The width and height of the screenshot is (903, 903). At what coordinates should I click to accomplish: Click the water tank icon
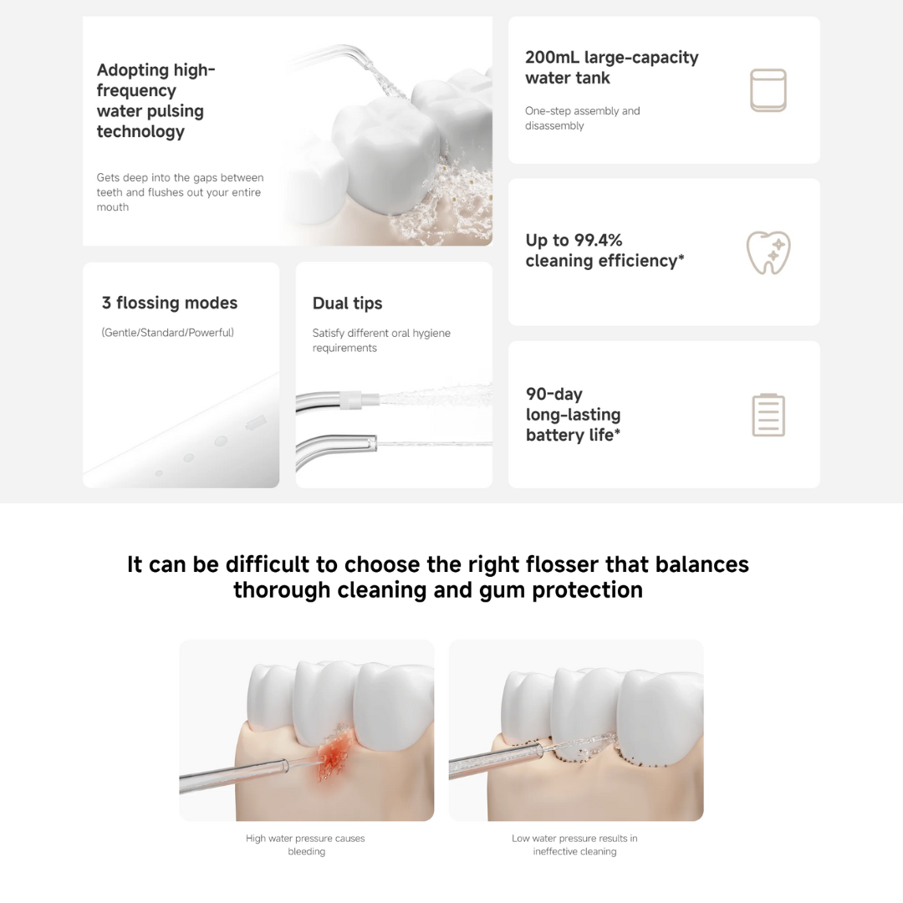(x=768, y=90)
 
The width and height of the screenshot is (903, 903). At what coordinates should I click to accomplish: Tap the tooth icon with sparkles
(x=768, y=253)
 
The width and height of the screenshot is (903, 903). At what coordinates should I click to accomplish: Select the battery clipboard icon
(x=768, y=415)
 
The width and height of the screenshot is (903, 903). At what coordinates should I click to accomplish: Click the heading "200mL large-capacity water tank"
(x=611, y=68)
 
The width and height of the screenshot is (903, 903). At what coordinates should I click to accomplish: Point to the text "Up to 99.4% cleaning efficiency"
(x=605, y=251)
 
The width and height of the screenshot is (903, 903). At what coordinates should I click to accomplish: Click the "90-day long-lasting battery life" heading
(x=573, y=415)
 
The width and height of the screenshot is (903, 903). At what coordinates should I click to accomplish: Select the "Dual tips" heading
(x=347, y=304)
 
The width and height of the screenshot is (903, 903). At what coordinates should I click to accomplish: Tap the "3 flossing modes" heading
(x=170, y=304)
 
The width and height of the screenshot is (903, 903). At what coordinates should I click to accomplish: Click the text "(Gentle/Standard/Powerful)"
(x=168, y=333)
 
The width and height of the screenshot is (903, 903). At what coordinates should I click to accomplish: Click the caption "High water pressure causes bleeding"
(x=306, y=844)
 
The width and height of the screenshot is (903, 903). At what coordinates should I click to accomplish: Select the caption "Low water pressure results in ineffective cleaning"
(x=574, y=844)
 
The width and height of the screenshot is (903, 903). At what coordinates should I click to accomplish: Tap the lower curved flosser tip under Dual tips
(x=334, y=443)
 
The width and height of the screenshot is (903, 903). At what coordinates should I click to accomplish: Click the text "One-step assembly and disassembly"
(x=582, y=118)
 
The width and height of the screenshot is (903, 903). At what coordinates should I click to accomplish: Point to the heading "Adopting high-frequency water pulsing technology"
(x=156, y=100)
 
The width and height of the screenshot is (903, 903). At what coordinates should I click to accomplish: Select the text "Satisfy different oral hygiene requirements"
(x=381, y=340)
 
